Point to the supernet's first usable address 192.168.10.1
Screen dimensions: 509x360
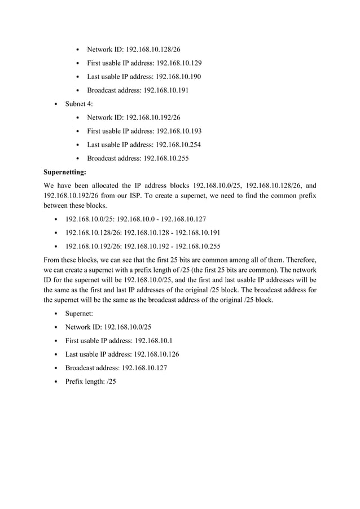(153, 340)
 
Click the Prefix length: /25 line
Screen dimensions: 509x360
(91, 381)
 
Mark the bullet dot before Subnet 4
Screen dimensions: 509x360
(55, 104)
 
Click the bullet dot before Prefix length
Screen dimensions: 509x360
(55, 381)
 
